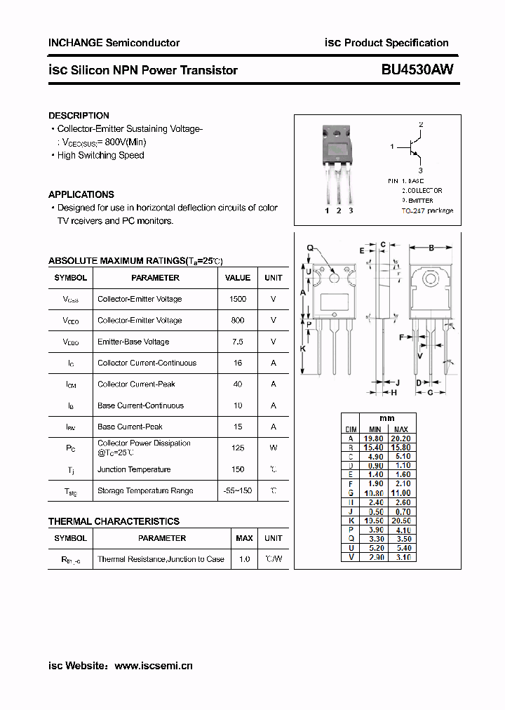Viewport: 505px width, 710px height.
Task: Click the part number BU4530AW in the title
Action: (417, 69)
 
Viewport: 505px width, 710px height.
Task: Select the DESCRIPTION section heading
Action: (79, 115)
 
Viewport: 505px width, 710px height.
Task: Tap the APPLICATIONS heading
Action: (81, 194)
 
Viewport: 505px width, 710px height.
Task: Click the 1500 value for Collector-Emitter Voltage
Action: (238, 299)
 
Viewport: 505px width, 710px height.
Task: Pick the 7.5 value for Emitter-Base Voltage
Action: (238, 342)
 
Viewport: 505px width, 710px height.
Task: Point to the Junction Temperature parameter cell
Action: (134, 469)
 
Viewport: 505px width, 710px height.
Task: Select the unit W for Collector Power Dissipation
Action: (273, 448)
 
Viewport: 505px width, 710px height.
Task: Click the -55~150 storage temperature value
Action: (238, 490)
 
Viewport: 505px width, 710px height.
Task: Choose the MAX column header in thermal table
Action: (244, 538)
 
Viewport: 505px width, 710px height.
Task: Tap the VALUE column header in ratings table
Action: (238, 278)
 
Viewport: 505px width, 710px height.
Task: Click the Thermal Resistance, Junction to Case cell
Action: (161, 559)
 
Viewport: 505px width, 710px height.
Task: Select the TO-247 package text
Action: (427, 210)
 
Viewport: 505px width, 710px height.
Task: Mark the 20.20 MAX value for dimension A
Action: (400, 438)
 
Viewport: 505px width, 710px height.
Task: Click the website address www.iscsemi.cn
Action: (153, 666)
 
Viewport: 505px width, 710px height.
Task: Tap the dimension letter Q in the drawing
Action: (309, 247)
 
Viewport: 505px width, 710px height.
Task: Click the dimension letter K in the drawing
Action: (303, 349)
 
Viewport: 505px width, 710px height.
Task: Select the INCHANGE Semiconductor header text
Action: (114, 43)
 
